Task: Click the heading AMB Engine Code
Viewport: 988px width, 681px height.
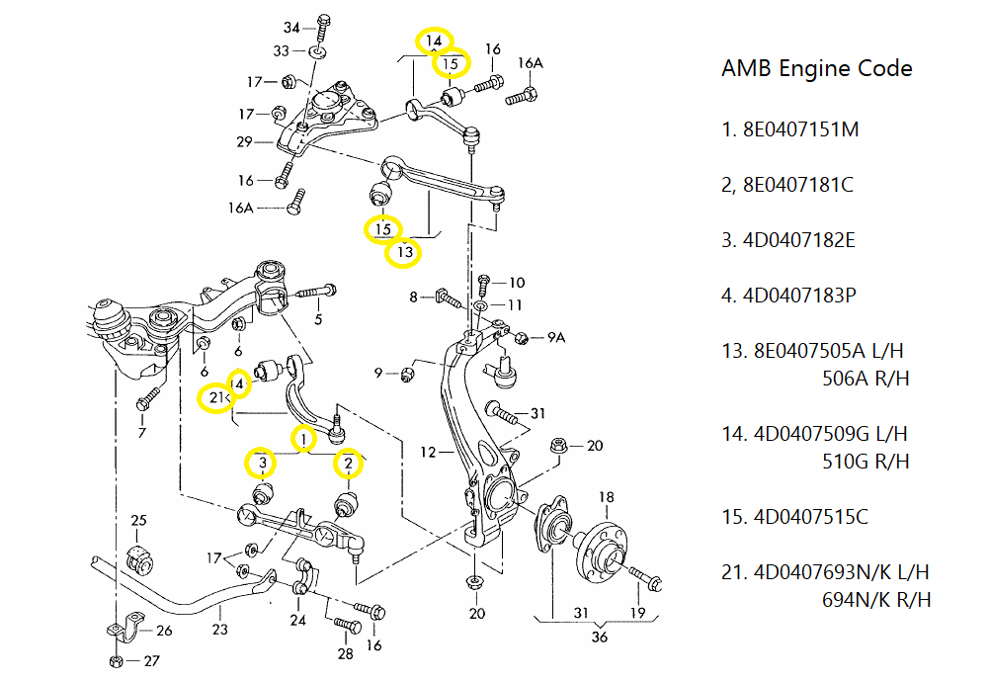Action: [x=817, y=68]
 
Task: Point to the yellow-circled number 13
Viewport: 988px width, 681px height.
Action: [x=403, y=252]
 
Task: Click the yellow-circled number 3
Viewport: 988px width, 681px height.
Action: [x=262, y=462]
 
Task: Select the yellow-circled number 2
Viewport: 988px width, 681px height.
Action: [x=348, y=462]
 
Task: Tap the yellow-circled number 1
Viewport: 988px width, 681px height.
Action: [x=304, y=437]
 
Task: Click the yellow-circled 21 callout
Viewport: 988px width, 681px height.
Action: [x=214, y=398]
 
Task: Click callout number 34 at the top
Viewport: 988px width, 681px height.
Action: [x=291, y=27]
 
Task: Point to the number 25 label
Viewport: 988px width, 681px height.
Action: [x=138, y=521]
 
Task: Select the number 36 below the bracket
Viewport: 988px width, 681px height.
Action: [x=599, y=638]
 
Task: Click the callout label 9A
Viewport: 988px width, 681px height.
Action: [x=556, y=337]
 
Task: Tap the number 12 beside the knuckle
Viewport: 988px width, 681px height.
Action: [x=427, y=453]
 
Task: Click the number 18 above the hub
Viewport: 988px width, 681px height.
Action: [x=606, y=496]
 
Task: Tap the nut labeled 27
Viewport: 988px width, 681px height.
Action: [x=116, y=661]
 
